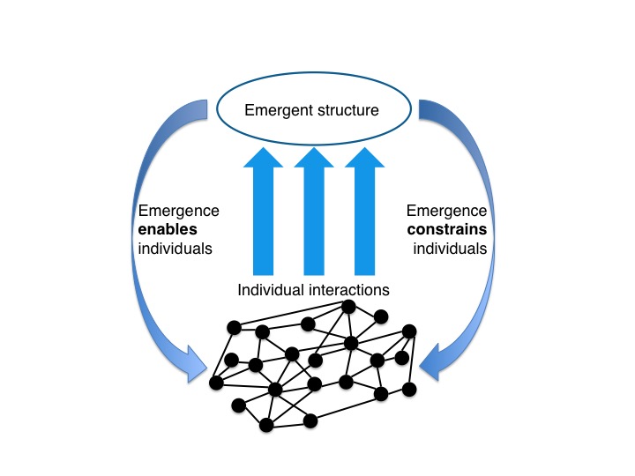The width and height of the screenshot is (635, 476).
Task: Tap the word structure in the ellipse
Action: [x=351, y=111]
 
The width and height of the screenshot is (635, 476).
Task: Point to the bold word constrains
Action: [x=446, y=229]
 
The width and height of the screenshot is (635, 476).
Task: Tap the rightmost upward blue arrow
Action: [x=364, y=212]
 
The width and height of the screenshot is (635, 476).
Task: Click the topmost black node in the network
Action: [x=348, y=307]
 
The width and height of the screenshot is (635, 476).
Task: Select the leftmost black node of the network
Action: [x=215, y=383]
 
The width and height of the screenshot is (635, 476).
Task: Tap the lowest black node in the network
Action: [x=266, y=425]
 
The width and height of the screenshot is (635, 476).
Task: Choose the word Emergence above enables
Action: [x=179, y=211]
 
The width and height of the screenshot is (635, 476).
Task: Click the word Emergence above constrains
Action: [x=446, y=211]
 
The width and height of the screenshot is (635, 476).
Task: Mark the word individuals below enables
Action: [x=176, y=248]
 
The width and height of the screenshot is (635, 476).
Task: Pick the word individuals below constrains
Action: [x=450, y=248]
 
